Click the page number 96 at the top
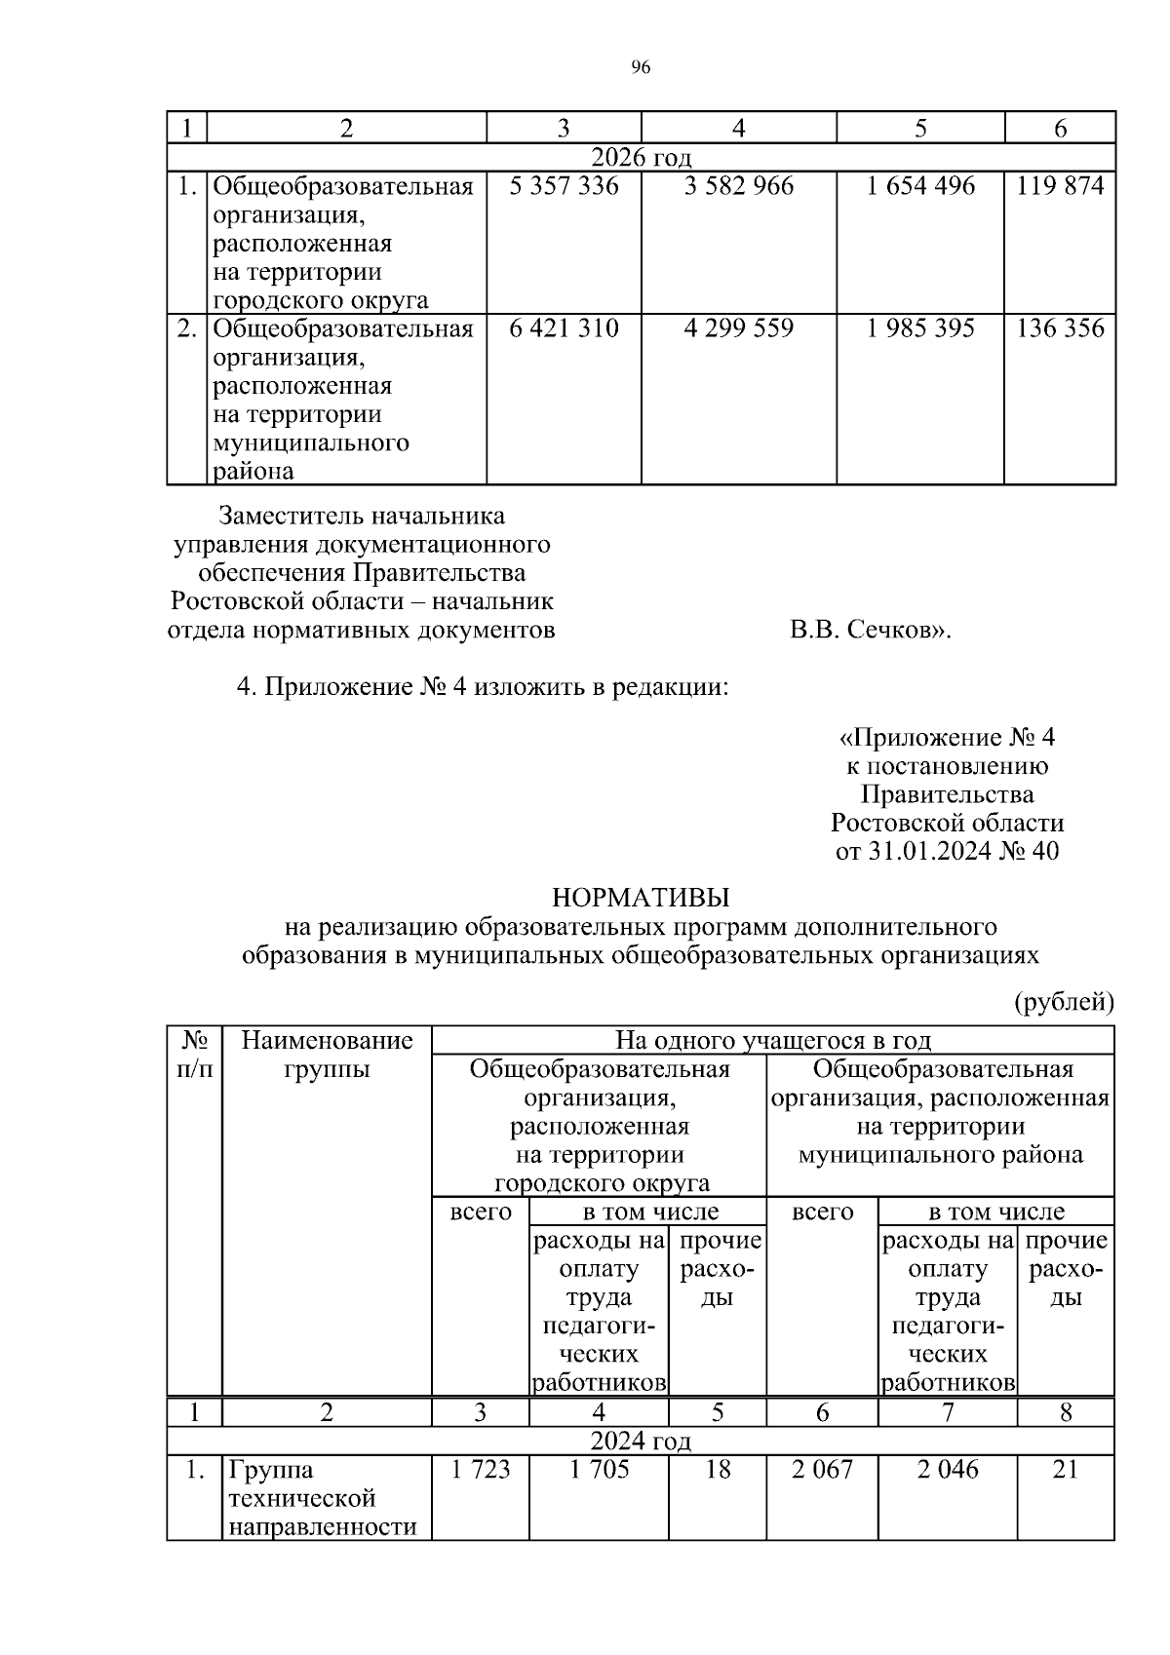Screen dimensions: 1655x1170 pos(641,67)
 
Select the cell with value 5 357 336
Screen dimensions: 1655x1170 pos(564,186)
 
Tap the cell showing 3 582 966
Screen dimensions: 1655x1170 pos(738,186)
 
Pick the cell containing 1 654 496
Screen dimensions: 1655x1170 pos(919,186)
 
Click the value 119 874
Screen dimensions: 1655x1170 pos(1060,186)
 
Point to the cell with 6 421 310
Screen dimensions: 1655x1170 pos(564,328)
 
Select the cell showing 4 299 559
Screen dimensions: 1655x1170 pos(738,328)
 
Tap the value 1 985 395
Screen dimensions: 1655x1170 pos(919,328)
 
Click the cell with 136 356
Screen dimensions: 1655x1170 pos(1060,328)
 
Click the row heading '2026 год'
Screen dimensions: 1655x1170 pos(641,157)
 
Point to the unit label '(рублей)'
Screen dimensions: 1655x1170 pos(1064,1002)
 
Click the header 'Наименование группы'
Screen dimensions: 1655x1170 pos(327,1056)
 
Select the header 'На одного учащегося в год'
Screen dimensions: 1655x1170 pos(772,1041)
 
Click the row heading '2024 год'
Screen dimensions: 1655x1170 pos(641,1441)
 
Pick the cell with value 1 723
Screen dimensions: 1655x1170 pos(480,1470)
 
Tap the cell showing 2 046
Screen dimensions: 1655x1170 pos(947,1470)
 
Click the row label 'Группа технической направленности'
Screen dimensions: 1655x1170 pos(327,1498)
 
